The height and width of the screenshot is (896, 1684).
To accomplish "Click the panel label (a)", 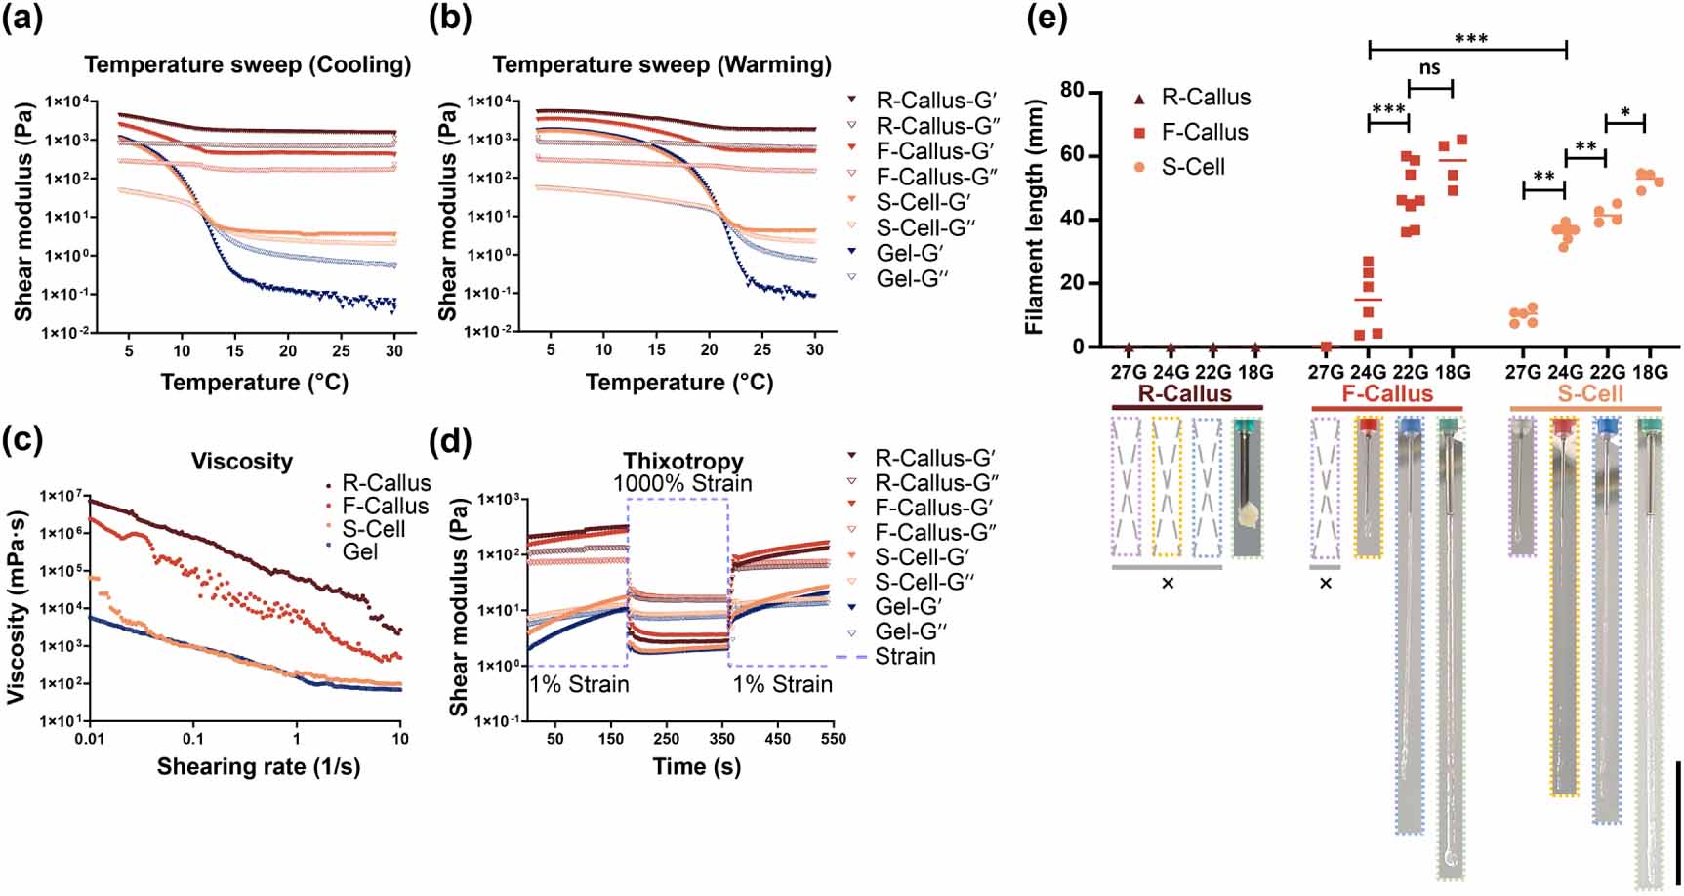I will (22, 19).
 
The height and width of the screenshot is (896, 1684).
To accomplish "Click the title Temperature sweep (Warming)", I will (662, 64).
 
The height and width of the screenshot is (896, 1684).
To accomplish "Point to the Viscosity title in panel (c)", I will (241, 461).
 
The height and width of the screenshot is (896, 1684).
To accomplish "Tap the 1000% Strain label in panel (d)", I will (682, 483).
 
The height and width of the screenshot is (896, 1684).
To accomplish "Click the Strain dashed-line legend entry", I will (904, 657).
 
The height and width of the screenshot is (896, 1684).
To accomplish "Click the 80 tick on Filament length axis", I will (1072, 90).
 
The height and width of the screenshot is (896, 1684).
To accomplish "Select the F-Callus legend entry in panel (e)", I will (1204, 132).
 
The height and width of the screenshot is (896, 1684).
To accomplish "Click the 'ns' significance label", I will (1430, 68).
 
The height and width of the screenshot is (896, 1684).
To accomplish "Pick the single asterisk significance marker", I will (1625, 113).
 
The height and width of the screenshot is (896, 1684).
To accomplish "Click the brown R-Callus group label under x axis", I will (1185, 394).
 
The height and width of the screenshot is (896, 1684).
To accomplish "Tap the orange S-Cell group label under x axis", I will (1590, 394).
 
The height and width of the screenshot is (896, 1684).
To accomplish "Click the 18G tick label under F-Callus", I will (1452, 372).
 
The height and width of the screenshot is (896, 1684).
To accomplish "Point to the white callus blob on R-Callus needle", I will (1248, 515).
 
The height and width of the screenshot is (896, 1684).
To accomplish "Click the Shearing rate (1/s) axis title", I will (259, 767).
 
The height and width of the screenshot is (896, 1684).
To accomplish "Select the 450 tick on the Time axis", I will (777, 739).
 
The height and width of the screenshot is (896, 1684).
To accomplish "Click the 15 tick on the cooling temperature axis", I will (235, 350).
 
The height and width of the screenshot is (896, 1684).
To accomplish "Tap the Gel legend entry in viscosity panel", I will (360, 552).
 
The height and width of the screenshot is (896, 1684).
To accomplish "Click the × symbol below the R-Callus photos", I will (1167, 584).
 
